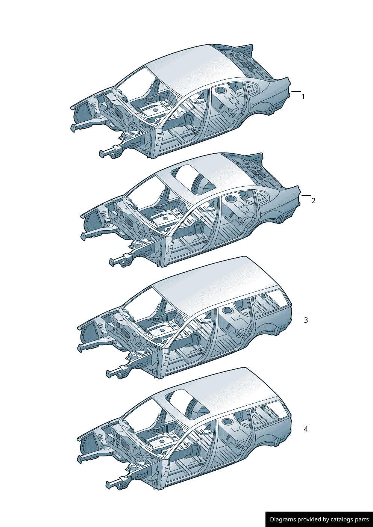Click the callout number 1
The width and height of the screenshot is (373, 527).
[303, 97]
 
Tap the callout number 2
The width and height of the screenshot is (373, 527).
[313, 201]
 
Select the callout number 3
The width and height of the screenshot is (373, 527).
[306, 320]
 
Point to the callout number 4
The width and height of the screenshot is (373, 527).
[306, 429]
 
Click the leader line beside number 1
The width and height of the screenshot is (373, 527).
[296, 91]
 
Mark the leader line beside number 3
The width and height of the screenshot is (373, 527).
[299, 315]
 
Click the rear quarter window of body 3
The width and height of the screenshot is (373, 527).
[271, 300]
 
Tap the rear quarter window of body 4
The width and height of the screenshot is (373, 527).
[271, 409]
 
